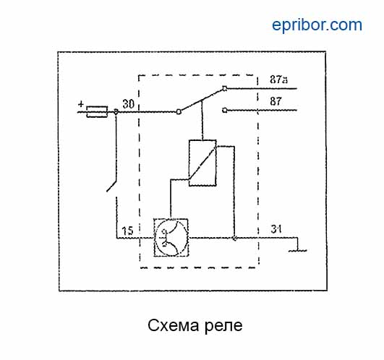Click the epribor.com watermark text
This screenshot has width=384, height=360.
[x=317, y=25]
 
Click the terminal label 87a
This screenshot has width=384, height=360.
[x=278, y=80]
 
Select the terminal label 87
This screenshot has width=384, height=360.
[x=276, y=101]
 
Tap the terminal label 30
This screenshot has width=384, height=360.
[x=128, y=104]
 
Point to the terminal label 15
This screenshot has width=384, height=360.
[x=127, y=231]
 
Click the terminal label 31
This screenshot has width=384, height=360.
[x=276, y=229]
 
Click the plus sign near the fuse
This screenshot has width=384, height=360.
[x=81, y=104]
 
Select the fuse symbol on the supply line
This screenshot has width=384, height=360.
[x=97, y=112]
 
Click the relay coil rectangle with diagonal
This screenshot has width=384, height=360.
[x=202, y=163]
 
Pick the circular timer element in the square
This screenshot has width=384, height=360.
[x=171, y=238]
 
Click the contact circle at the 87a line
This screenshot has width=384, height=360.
[x=225, y=88]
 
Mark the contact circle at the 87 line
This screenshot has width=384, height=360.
[x=225, y=111]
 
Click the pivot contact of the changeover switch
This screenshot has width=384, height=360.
[x=179, y=112]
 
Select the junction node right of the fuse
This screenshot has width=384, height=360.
[x=116, y=112]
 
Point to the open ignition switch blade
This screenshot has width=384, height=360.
[x=111, y=187]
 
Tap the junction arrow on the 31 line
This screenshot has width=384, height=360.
[x=234, y=238]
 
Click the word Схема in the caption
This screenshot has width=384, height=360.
[x=174, y=325]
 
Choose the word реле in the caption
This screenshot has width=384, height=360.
[x=223, y=327]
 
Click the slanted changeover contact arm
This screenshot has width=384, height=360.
[x=202, y=100]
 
